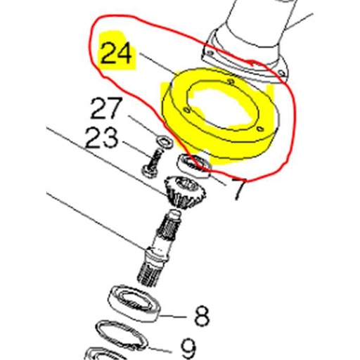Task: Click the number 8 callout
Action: click(x=202, y=316)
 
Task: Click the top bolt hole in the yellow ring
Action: click(x=232, y=82)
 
